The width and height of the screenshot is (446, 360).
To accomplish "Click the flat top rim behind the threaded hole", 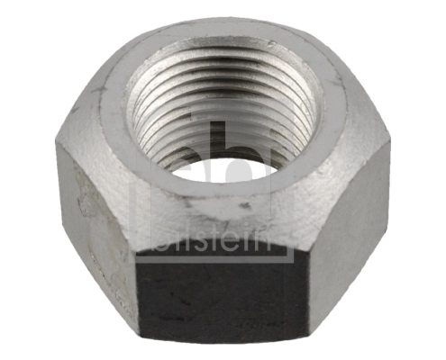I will pyautogui.click(x=221, y=40).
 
